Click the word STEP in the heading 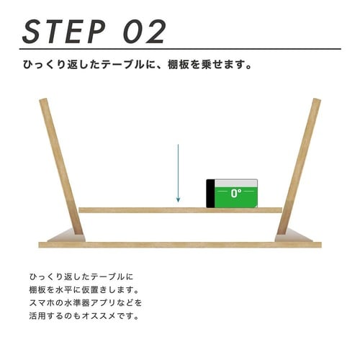click(x=64, y=32)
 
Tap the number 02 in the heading click(x=145, y=32)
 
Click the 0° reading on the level click(x=236, y=193)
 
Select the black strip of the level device click(x=210, y=194)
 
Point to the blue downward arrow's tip click(x=178, y=202)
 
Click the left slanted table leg click(x=61, y=166)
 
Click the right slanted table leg click(x=299, y=166)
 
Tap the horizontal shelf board click(x=181, y=210)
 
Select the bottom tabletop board click(x=180, y=245)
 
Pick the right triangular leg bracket click(x=292, y=236)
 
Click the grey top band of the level click(x=236, y=183)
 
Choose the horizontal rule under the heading click(x=180, y=49)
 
